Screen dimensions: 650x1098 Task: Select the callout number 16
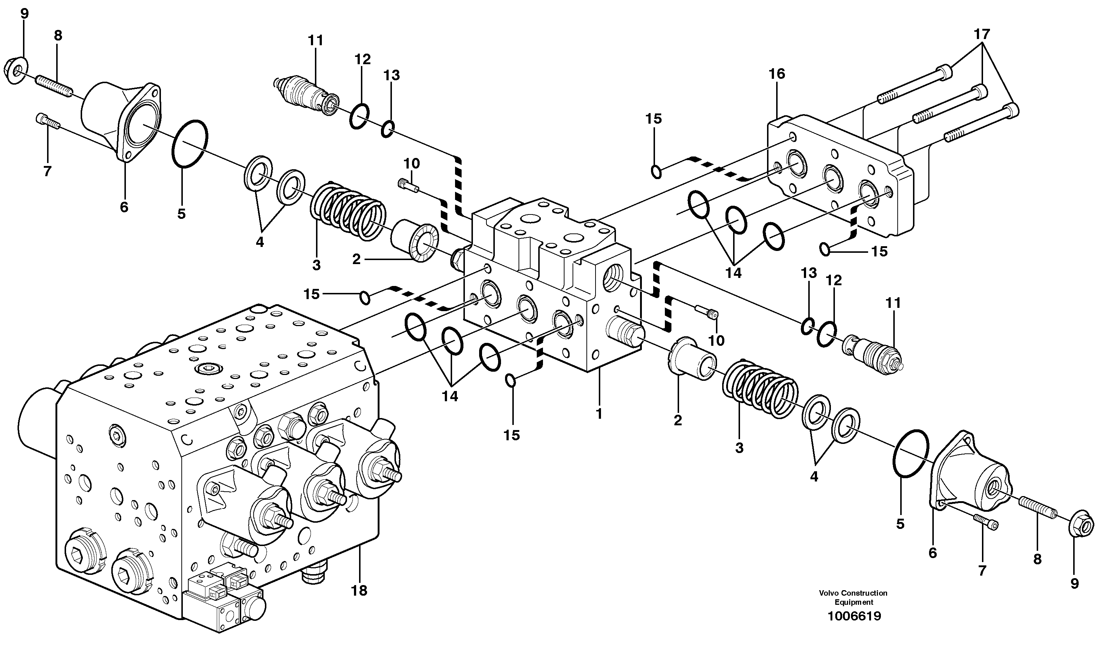pyautogui.click(x=777, y=74)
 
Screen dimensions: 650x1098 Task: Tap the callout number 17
pyautogui.click(x=982, y=34)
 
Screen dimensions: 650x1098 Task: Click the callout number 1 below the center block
pyautogui.click(x=599, y=413)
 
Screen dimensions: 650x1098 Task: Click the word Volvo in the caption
pyautogui.click(x=829, y=593)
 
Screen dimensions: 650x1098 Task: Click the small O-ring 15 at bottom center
pyautogui.click(x=511, y=381)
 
